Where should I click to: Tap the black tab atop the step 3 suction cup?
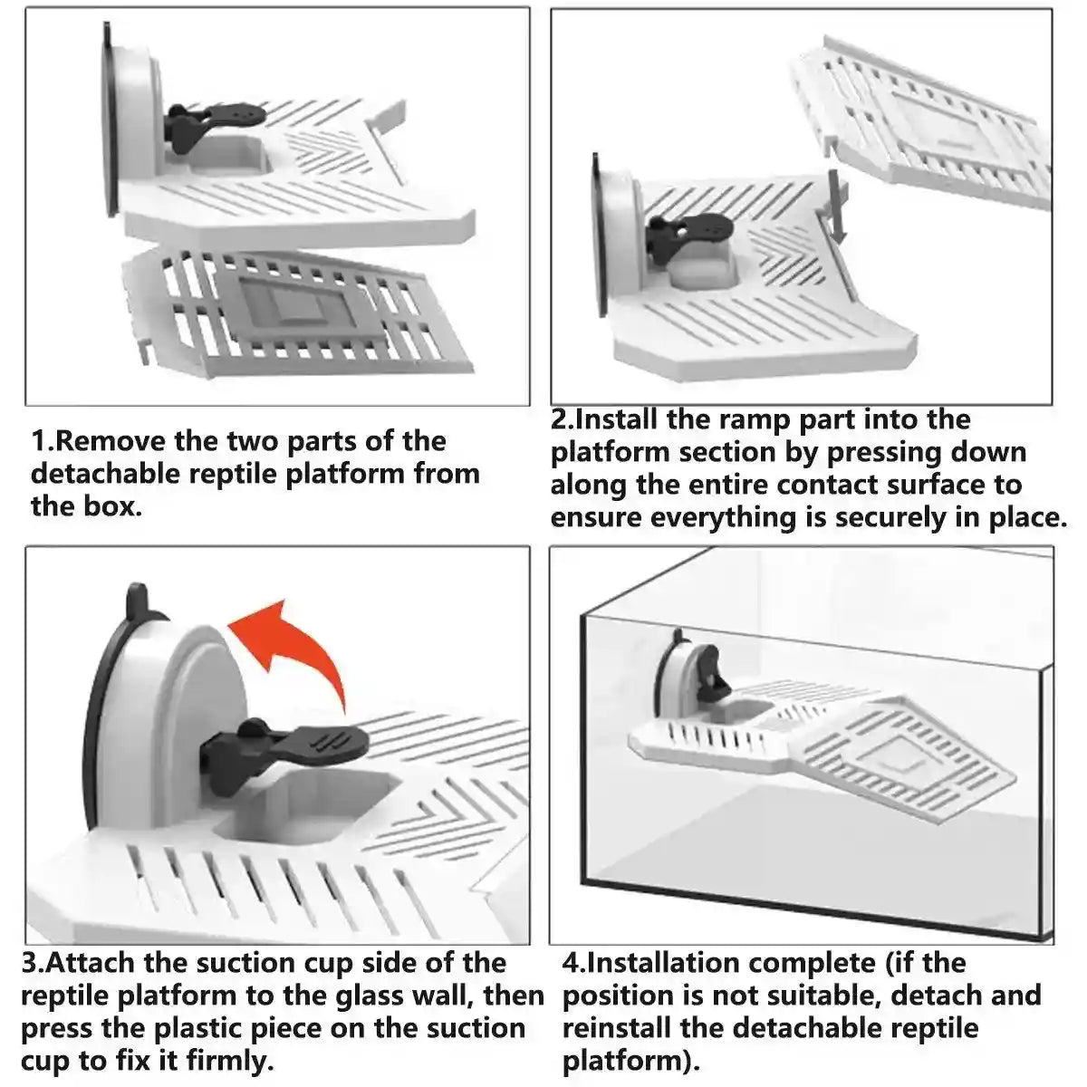click(136, 599)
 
